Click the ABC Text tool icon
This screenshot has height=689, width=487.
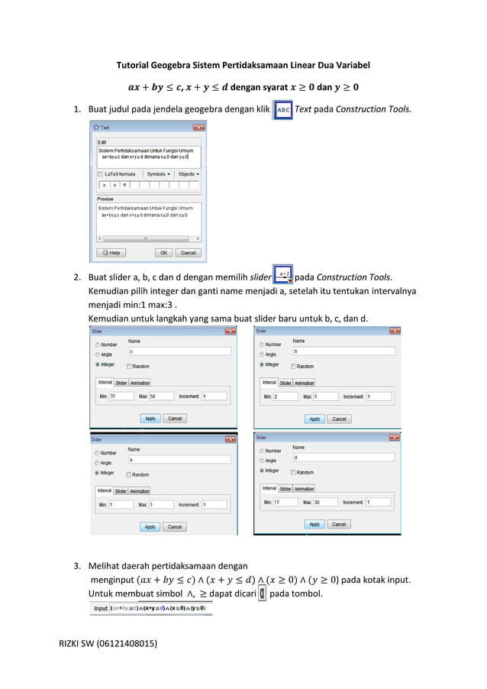(x=282, y=109)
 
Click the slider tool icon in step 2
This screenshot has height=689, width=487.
(x=282, y=276)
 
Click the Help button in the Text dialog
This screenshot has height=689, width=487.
(x=111, y=252)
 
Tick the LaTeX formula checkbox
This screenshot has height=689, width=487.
(x=100, y=174)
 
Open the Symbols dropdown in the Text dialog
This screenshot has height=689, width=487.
(x=159, y=174)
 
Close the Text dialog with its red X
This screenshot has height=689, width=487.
(x=198, y=128)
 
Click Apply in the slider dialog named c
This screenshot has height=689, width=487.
(x=150, y=419)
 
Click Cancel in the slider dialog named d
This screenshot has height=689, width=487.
(x=339, y=524)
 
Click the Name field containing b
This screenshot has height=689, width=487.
(x=343, y=351)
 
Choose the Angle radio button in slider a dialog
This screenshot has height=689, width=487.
(x=98, y=463)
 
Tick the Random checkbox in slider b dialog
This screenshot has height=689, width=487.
(x=291, y=367)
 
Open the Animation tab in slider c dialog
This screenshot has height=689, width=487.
(x=140, y=383)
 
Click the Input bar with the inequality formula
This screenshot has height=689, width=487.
(x=152, y=608)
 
